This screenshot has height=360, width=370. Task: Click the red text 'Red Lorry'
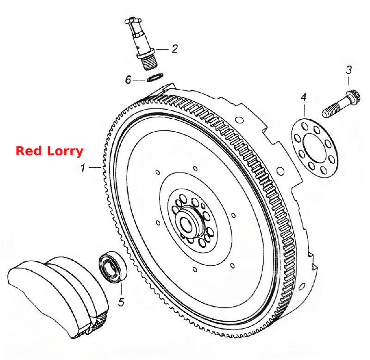49,151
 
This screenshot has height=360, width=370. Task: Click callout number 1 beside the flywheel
82,168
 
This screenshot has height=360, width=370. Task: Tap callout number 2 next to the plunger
175,49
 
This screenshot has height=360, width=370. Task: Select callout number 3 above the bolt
349,70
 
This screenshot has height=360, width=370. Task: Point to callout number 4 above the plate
304,98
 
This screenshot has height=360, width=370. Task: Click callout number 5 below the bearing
121,302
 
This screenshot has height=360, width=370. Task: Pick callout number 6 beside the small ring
128,79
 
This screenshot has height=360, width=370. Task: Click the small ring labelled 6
155,78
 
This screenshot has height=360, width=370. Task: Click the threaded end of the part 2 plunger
150,62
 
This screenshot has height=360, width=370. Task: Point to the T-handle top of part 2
133,21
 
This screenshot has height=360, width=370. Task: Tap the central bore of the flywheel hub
186,224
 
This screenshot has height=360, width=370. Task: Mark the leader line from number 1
95,167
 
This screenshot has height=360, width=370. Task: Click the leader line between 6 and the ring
139,80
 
